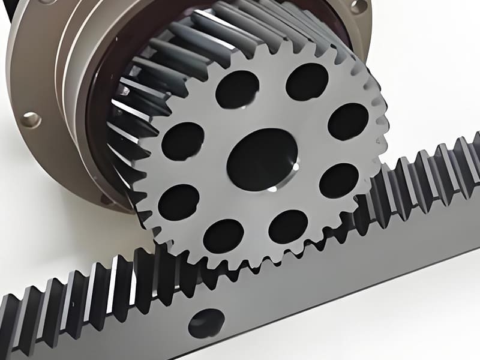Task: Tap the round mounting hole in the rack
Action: pos(206,323)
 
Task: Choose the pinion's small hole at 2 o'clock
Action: pos(348,121)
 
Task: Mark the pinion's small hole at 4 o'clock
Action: pos(339,180)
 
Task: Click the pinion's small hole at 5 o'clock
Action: pos(289,226)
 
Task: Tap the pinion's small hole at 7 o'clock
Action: pos(223,236)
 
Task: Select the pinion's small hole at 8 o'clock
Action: pos(178,201)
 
